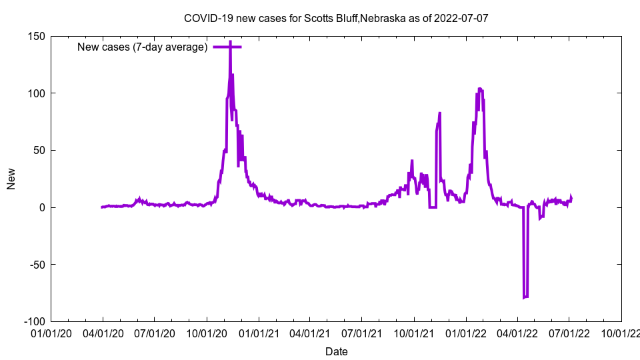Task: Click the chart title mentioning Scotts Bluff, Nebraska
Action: click(336, 18)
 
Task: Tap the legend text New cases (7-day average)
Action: click(143, 47)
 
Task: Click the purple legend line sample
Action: click(227, 47)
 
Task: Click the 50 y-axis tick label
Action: click(39, 150)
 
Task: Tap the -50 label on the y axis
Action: click(37, 265)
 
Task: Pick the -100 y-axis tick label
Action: click(35, 321)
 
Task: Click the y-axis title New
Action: click(11, 179)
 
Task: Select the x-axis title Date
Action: click(336, 351)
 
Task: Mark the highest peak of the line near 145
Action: click(230, 42)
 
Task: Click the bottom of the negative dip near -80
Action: click(525, 297)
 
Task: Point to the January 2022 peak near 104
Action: click(480, 89)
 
